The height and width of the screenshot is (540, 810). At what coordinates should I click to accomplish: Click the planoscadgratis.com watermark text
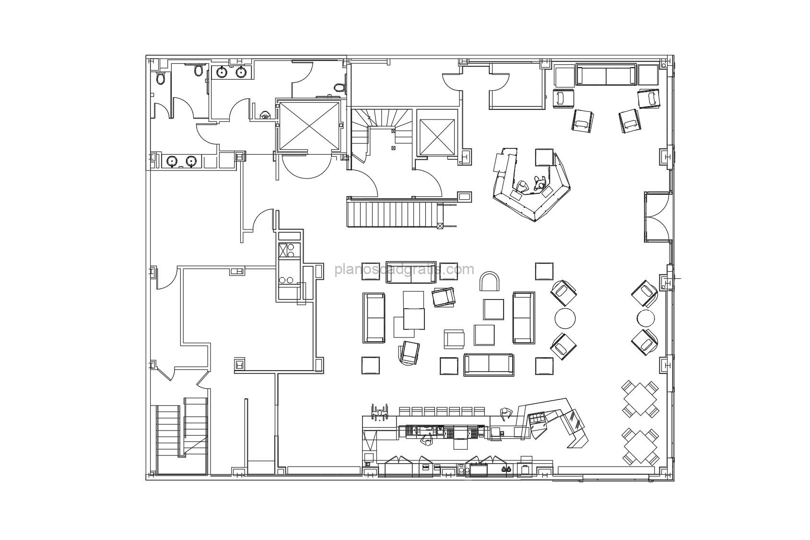pos(404,270)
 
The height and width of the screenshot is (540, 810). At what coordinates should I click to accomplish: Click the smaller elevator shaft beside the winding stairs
pos(435,132)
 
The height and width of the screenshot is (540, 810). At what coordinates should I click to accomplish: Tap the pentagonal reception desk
pos(531,185)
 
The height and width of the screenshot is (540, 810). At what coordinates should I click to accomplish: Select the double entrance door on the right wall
pos(658,216)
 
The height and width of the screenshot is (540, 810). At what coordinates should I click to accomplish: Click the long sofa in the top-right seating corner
pos(606,74)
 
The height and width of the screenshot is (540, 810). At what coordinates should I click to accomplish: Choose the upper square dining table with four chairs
pos(640,399)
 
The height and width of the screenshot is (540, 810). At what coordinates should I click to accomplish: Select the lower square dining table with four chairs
pos(640,447)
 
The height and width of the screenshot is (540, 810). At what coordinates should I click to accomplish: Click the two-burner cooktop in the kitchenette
pos(289,279)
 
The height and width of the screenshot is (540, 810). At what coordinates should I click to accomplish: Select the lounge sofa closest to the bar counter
pos(489,365)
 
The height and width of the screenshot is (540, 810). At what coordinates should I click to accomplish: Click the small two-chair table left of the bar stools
pos(380,413)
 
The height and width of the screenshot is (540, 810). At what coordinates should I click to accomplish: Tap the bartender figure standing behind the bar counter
pos(427,440)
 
